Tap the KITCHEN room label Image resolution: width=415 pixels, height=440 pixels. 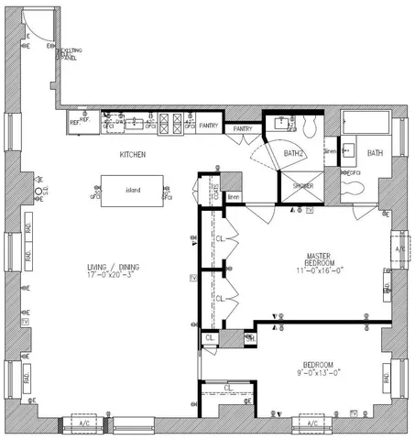[133, 155]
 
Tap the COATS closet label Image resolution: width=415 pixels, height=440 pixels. [215, 192]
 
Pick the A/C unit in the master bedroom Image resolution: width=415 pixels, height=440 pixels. [399, 248]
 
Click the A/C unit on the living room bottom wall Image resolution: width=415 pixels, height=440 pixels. [83, 423]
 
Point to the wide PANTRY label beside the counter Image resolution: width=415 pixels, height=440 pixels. [209, 124]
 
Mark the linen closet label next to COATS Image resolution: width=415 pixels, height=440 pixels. [233, 197]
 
